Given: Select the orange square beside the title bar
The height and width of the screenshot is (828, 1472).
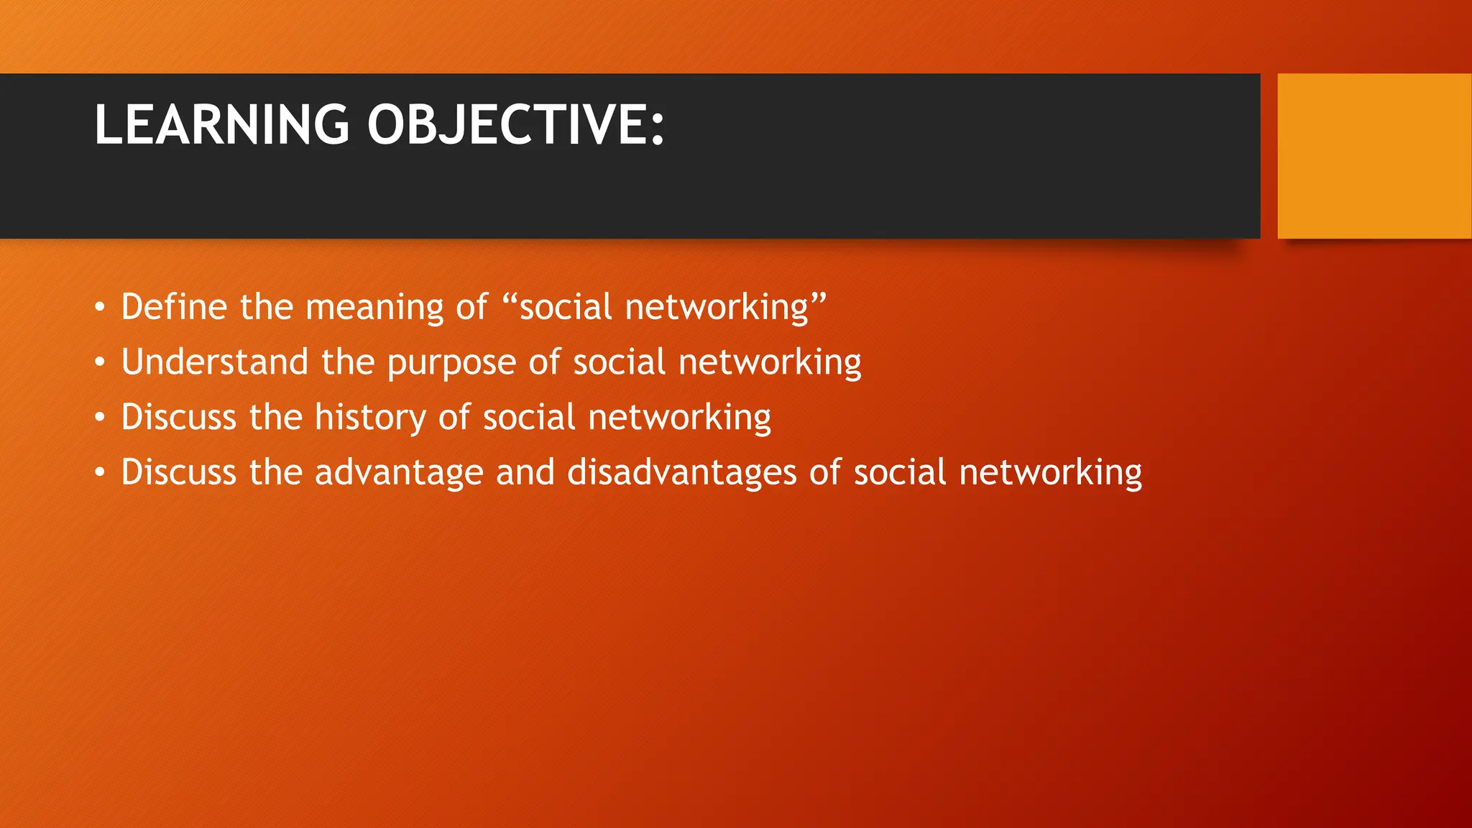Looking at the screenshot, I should [x=1374, y=156].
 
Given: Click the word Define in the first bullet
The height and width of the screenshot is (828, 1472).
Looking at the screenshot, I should [x=174, y=307].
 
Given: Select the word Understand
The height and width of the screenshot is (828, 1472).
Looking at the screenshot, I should [x=214, y=362].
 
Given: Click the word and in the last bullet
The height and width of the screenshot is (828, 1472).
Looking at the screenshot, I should [x=525, y=472].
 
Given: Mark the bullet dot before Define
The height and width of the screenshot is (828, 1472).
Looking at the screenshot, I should [x=100, y=308].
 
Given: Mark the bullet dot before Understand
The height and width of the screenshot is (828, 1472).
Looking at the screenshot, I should [x=100, y=363].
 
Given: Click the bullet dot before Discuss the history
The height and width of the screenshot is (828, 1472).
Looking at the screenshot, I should [x=100, y=418].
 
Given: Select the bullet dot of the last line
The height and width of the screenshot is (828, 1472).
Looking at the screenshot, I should [x=100, y=473].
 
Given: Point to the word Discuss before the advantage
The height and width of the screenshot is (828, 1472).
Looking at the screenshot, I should [x=178, y=472].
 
